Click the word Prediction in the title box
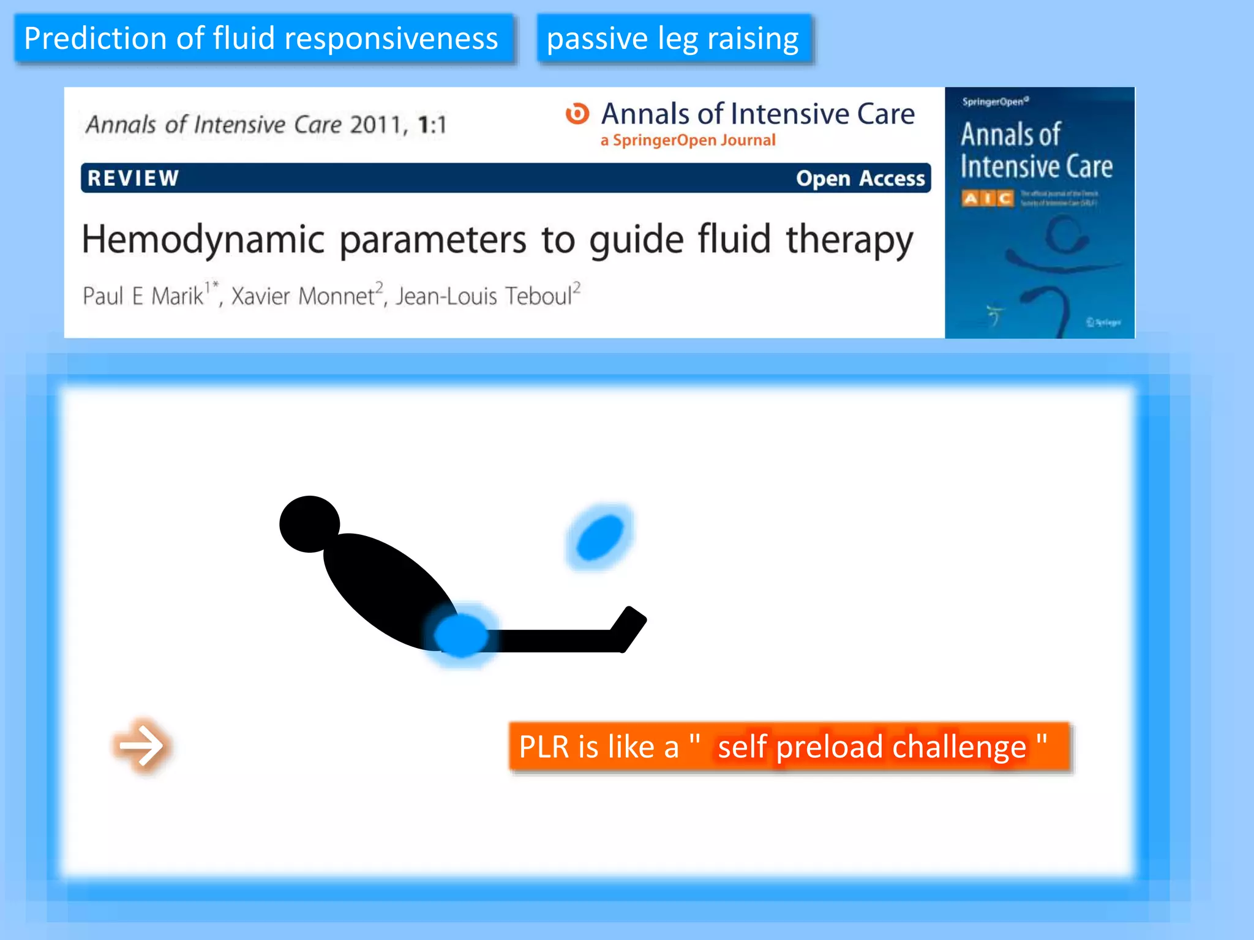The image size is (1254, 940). tap(96, 39)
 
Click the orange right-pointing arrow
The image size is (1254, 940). tap(141, 745)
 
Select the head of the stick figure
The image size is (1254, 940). tap(309, 524)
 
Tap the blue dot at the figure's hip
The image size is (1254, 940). tap(461, 636)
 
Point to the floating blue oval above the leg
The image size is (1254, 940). tap(599, 537)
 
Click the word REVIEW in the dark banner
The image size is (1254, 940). tap(133, 178)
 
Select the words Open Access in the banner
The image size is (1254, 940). tap(860, 178)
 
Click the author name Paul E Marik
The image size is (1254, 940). tap(143, 296)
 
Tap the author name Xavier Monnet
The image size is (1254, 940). tap(302, 296)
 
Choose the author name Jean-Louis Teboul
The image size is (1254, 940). tap(484, 296)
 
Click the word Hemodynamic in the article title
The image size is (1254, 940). tap(203, 239)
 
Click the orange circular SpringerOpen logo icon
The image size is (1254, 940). tap(577, 113)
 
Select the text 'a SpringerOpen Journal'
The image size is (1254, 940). tap(688, 140)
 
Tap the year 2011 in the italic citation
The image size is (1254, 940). tap(375, 125)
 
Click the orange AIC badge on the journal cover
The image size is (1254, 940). tap(987, 198)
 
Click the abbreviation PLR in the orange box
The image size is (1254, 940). tap(544, 747)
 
